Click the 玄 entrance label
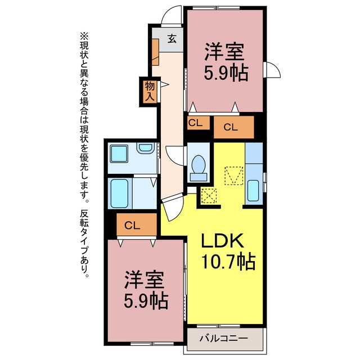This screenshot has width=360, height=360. (172, 38)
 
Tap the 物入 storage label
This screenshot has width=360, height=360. (150, 91)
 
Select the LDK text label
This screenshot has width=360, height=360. (222, 240)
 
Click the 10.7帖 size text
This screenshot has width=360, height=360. (228, 261)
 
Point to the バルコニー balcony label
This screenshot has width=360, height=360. (224, 338)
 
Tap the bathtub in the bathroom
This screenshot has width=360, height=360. (119, 193)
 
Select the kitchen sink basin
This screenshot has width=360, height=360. (253, 191)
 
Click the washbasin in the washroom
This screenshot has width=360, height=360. (145, 147)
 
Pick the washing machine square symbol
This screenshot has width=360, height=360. (119, 154)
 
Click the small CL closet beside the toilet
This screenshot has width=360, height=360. (199, 123)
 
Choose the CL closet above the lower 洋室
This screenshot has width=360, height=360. (137, 224)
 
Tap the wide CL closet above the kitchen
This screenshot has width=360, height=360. (234, 127)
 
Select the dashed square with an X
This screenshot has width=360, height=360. (209, 196)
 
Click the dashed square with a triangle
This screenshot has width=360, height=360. (233, 175)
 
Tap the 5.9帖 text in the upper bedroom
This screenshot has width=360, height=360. (226, 73)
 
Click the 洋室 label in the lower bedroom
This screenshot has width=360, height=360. (145, 280)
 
